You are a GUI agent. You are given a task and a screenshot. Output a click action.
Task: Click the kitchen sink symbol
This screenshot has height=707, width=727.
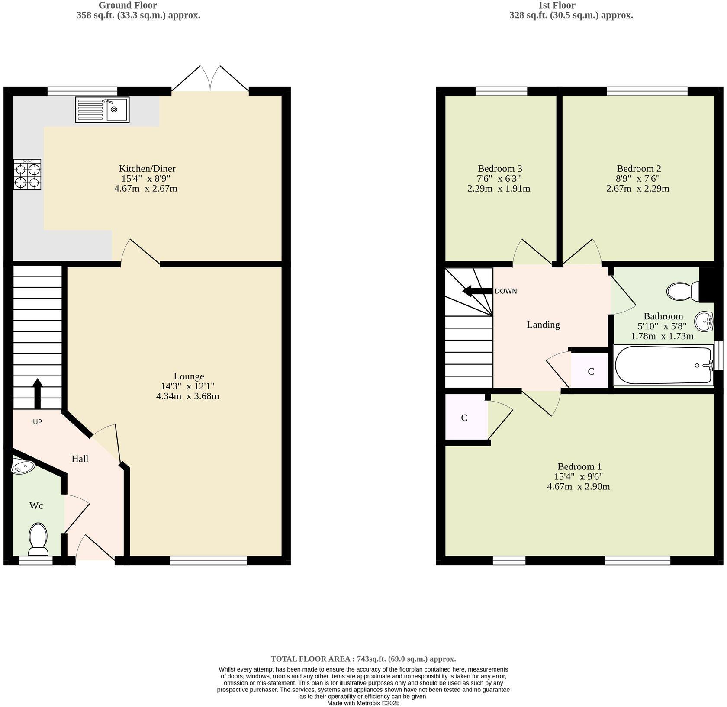102,109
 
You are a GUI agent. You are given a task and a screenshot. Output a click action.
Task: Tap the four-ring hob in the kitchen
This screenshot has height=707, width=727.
27,174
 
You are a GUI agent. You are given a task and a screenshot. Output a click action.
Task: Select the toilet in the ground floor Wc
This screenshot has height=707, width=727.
38,539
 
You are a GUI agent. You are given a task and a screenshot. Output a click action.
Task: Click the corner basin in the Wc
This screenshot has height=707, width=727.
23,466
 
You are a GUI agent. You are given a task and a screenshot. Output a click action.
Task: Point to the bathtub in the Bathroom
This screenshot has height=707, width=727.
663,365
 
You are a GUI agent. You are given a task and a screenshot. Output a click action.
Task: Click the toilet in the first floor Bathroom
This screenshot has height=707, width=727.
682,291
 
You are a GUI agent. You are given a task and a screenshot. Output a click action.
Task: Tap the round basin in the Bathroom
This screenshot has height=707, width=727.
704,321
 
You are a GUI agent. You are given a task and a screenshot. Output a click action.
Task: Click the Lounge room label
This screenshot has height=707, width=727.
189,376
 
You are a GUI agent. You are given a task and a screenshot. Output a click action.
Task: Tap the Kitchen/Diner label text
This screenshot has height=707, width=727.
147,169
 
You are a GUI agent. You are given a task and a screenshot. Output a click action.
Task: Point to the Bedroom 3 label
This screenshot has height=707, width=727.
500,169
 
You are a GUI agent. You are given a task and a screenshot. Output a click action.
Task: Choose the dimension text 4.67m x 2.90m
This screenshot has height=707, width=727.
578,486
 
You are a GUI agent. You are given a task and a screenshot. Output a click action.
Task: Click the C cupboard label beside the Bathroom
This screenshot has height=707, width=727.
591,371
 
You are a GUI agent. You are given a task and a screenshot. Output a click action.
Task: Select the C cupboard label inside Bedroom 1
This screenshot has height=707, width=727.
464,418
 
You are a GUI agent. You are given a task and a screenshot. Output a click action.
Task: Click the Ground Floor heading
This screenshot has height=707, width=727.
128,6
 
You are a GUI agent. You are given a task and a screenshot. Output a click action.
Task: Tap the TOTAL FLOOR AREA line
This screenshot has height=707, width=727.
363,659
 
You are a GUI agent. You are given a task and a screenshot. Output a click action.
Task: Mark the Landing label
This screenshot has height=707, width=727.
543,325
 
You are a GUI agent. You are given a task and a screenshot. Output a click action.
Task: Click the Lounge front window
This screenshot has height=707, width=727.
208,560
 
